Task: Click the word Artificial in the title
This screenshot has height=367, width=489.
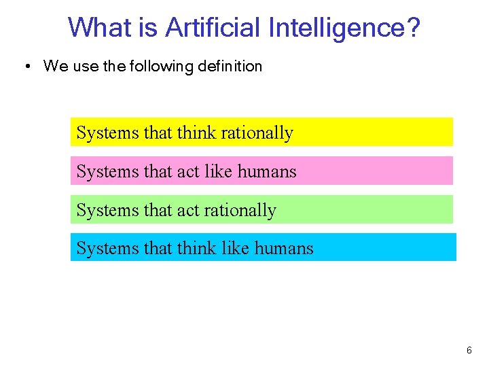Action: (x=214, y=28)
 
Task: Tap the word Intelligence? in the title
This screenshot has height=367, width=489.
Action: (x=345, y=28)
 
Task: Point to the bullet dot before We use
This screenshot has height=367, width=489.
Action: (x=26, y=67)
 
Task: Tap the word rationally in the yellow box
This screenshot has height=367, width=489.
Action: (x=257, y=133)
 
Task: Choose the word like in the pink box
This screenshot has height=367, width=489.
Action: (x=218, y=171)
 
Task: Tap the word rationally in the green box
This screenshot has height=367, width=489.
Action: (x=240, y=210)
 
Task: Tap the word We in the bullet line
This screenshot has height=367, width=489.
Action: (x=54, y=67)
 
